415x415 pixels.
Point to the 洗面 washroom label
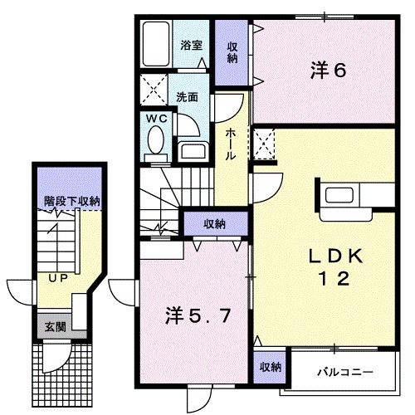(x=188, y=95)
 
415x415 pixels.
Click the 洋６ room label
(x=329, y=71)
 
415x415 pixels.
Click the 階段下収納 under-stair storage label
(x=72, y=200)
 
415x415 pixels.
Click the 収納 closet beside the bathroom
(x=232, y=51)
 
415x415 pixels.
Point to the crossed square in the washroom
(x=155, y=86)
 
